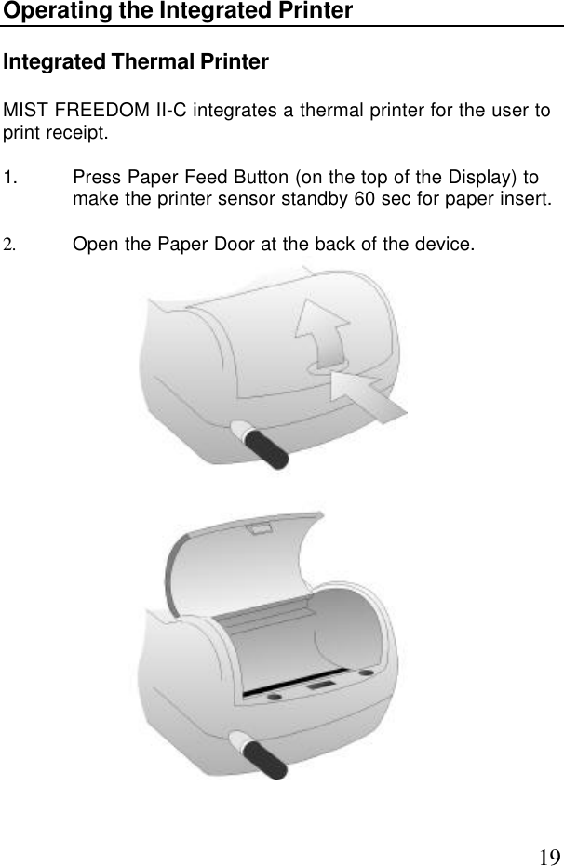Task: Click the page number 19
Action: pos(549,831)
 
